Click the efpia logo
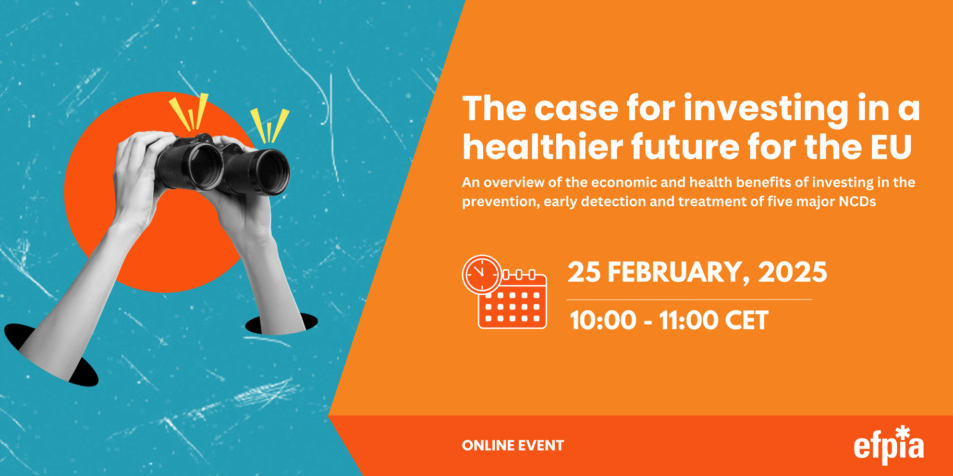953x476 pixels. point(888,446)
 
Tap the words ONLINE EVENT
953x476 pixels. point(513,446)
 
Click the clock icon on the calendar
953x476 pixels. point(482,274)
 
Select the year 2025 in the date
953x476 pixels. point(792,272)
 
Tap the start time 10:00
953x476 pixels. point(603,320)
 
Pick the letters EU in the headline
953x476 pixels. point(891,147)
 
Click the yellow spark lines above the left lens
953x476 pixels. point(189,112)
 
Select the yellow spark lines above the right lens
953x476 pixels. point(270,126)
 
